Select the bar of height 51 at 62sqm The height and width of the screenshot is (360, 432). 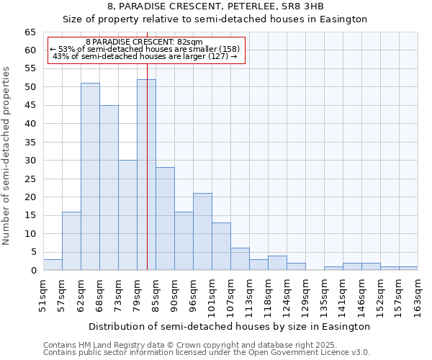(90, 176)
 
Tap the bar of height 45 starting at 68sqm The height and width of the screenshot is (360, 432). (109, 187)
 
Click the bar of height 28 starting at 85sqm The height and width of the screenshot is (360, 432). (165, 219)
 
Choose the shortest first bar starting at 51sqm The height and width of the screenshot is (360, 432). (53, 265)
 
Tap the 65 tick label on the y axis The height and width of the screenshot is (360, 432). (30, 32)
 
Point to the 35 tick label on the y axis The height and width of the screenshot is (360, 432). (30, 143)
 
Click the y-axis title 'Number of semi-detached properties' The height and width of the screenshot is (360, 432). (7, 156)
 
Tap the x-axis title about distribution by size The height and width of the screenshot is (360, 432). (230, 326)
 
